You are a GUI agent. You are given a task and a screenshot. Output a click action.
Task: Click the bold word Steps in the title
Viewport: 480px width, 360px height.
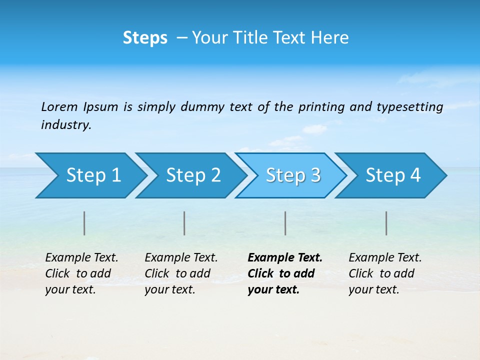145,38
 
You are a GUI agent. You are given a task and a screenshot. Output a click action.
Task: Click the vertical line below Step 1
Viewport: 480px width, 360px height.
84,223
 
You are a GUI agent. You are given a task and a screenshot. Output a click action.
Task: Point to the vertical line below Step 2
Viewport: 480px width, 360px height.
184,223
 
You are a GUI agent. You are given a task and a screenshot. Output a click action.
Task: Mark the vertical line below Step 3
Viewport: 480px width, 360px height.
285,223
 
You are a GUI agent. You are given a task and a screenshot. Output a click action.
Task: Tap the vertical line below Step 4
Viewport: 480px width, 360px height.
386,223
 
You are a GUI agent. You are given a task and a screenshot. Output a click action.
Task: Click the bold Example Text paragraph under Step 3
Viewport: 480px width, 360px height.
285,273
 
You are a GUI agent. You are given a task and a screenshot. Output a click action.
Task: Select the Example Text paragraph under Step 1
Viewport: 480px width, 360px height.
81,273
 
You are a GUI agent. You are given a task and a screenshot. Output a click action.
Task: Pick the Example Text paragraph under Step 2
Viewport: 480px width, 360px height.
181,273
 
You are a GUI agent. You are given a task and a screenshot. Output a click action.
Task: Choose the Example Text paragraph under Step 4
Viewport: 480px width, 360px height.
385,273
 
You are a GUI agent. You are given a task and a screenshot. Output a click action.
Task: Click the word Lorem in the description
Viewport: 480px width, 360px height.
59,106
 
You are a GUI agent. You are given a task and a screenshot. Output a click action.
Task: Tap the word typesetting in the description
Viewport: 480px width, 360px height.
409,106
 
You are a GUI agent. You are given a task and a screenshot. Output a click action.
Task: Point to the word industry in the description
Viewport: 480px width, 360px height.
66,125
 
